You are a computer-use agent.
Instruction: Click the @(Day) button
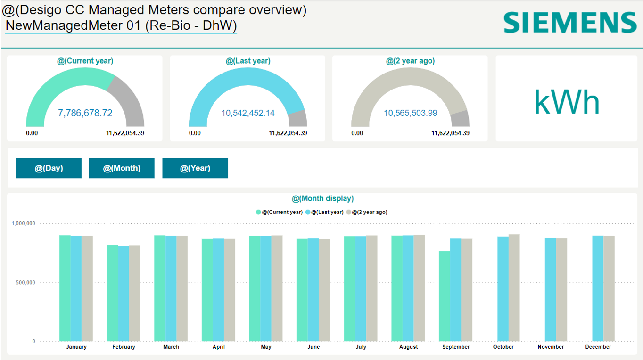coord(49,168)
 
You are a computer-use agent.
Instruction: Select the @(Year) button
coord(195,168)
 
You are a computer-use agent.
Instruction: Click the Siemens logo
coord(570,23)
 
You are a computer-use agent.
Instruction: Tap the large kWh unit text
coord(567,102)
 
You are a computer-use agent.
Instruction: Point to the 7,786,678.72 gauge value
coord(85,113)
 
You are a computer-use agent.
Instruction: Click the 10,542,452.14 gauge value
coord(248,113)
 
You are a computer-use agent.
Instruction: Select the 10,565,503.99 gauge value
coord(411,113)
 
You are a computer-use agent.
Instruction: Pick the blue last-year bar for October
coord(503,288)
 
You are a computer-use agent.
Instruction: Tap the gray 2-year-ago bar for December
coord(609,288)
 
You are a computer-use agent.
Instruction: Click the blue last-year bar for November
coord(550,289)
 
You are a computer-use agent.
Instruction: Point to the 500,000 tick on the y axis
coord(23,283)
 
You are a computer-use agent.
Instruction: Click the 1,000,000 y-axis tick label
coord(23,224)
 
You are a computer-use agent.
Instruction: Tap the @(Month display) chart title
coord(322,199)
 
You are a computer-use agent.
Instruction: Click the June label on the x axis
coord(313,347)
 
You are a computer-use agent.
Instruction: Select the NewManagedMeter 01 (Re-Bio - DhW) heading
coord(121,25)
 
